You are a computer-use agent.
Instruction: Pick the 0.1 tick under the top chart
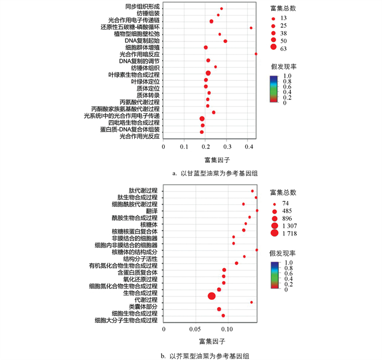click(184, 147)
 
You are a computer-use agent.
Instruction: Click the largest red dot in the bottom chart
click(212, 296)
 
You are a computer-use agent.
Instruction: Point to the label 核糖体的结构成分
click(134, 252)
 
